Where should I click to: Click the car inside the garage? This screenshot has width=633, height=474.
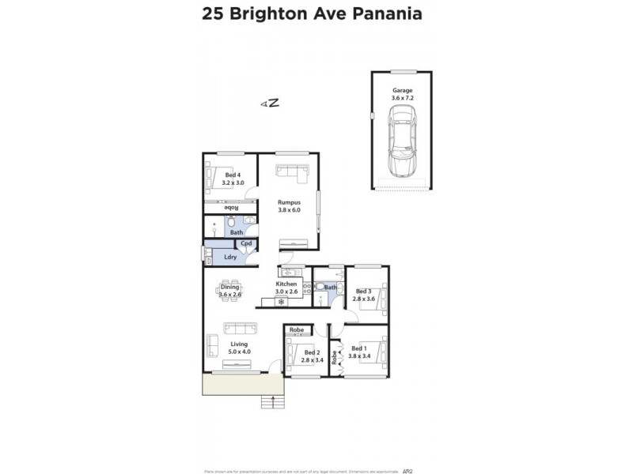401,143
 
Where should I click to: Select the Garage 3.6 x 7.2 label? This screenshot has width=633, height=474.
403,93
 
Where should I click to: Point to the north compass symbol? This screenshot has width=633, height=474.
271,103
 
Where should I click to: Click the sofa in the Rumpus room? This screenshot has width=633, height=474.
291,173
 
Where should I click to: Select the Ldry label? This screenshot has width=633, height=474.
231,257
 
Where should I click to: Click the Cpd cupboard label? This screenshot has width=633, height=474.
246,243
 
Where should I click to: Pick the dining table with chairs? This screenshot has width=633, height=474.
230,291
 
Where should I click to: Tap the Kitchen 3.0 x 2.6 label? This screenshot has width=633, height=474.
286,288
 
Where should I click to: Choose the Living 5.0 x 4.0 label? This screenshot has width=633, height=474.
238,348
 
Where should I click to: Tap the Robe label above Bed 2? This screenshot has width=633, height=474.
297,329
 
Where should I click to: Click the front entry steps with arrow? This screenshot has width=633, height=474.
274,402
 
